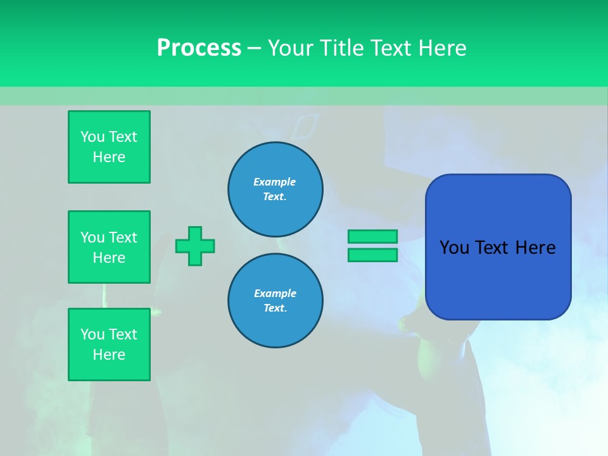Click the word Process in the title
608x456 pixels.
[x=199, y=48]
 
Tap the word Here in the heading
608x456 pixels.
[x=443, y=48]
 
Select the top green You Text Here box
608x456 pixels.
[x=109, y=147]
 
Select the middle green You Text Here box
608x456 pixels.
[x=109, y=247]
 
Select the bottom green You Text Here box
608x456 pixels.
[x=109, y=345]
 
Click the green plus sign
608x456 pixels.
[x=195, y=246]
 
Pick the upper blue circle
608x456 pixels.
[x=275, y=189]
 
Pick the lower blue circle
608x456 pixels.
[x=275, y=300]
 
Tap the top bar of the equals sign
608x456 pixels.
[x=372, y=236]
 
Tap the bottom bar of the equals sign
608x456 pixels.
[x=372, y=255]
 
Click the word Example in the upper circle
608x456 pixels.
[x=274, y=182]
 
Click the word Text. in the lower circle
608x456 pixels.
[x=275, y=308]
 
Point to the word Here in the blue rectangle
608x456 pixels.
[x=535, y=248]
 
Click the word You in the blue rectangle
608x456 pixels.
[x=454, y=248]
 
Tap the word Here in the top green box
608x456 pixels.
[x=109, y=157]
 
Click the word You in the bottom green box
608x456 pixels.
[x=92, y=334]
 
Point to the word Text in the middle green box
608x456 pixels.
[x=123, y=237]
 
